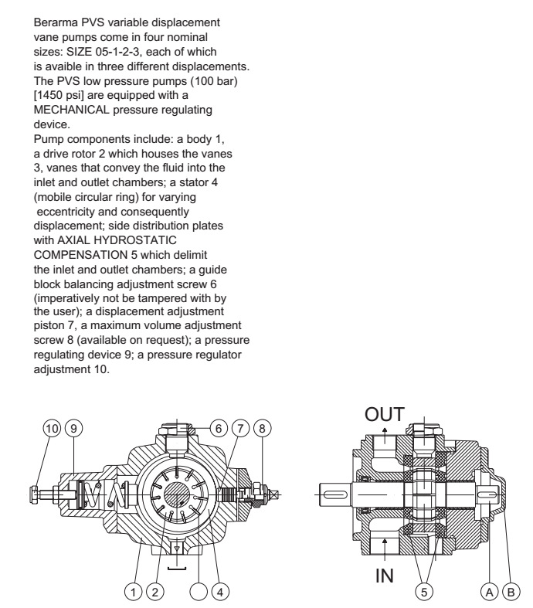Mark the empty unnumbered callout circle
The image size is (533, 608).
(x=201, y=593)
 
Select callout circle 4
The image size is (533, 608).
(x=223, y=593)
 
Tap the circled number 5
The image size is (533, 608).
(x=423, y=593)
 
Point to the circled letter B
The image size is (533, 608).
(x=510, y=593)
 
